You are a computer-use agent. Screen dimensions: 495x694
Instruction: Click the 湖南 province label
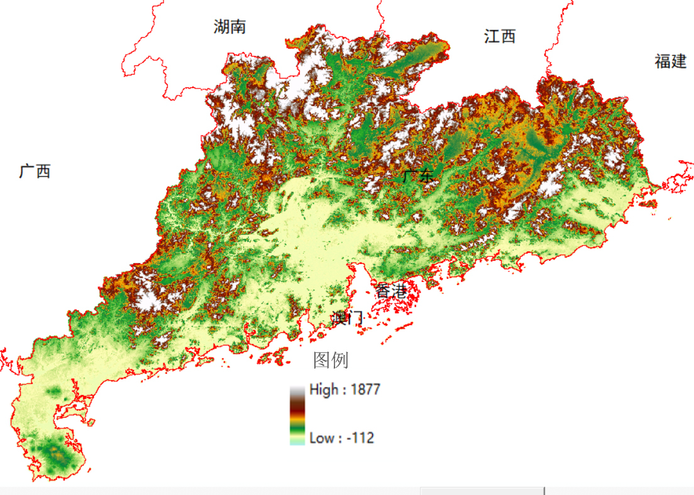tap(229, 26)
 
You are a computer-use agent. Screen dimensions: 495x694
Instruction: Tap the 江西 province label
tap(500, 36)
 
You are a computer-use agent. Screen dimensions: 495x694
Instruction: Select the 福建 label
tap(670, 62)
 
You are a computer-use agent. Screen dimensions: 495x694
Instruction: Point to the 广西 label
tap(35, 171)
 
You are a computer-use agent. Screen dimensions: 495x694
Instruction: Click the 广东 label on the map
tap(418, 176)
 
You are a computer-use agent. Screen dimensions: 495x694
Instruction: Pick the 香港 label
tap(392, 291)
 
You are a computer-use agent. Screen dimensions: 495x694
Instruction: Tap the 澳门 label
tap(348, 318)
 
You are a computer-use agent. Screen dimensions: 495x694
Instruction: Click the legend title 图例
tap(331, 360)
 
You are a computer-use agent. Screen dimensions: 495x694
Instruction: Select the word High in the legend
tap(324, 389)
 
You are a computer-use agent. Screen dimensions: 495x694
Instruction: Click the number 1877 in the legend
tap(365, 389)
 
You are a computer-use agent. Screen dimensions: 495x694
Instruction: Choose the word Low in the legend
tap(322, 438)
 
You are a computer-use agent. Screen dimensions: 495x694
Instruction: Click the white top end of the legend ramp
tap(297, 389)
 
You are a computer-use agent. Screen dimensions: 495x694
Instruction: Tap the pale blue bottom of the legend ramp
tap(297, 442)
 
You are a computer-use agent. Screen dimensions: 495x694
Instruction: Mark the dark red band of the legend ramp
tap(297, 405)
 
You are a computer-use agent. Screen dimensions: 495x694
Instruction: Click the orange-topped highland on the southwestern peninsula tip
tap(58, 452)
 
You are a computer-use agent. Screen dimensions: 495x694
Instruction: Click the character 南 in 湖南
tap(238, 26)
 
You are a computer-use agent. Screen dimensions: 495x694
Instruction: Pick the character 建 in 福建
tap(678, 62)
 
